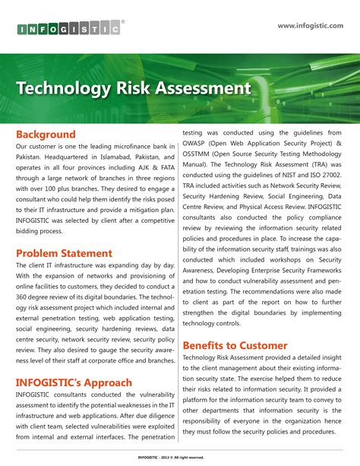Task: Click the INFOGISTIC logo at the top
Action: [x=68, y=30]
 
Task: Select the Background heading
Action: [x=46, y=134]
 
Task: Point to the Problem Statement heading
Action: [x=64, y=253]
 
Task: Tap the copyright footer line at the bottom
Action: [x=180, y=457]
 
